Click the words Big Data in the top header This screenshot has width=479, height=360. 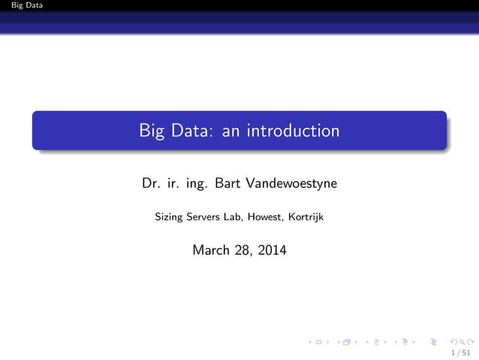click(22, 5)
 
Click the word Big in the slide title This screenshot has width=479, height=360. click(150, 131)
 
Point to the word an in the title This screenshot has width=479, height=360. click(233, 131)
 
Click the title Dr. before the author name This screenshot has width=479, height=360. click(150, 183)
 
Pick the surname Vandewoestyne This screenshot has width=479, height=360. click(291, 183)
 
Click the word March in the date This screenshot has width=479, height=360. click(210, 250)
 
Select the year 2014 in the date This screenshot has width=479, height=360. click(272, 250)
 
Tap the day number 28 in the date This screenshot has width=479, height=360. click(243, 250)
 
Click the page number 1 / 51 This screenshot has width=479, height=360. click(461, 352)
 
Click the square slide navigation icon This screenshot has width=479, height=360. click(319, 343)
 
